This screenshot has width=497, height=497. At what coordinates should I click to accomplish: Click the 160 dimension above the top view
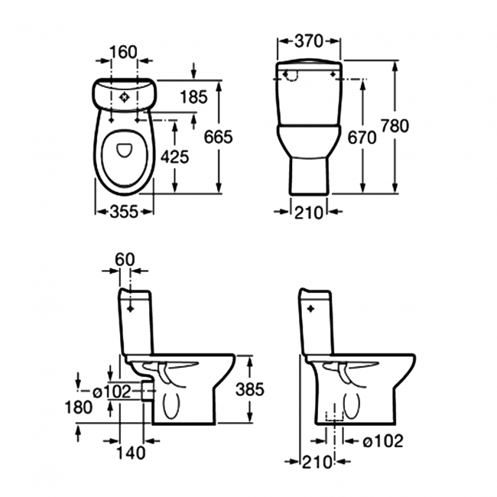click(123, 52)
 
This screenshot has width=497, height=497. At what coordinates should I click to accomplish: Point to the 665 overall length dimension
click(218, 138)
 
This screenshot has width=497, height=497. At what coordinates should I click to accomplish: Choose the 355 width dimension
click(123, 212)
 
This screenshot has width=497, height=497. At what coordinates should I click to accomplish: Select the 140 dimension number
click(132, 453)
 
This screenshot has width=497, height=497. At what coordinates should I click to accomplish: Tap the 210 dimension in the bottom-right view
click(317, 461)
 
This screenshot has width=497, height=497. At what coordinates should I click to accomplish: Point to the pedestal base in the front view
click(309, 177)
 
